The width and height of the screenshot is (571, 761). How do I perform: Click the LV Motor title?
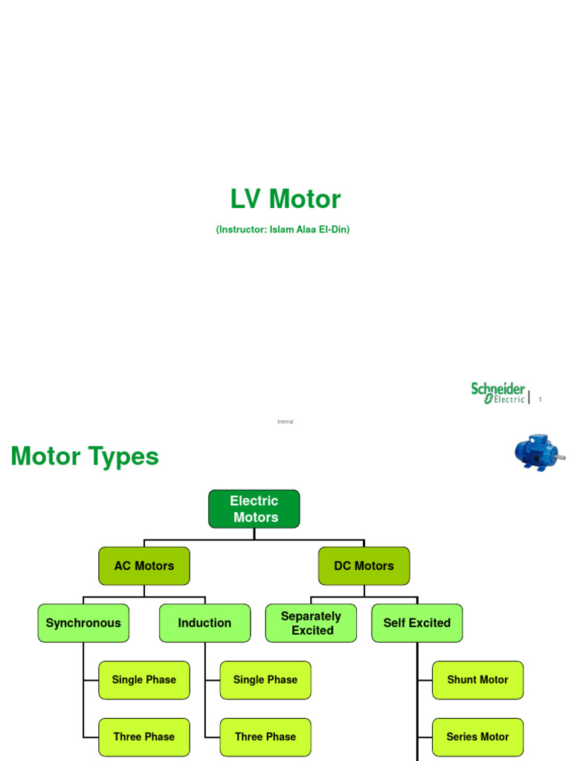coord(285,199)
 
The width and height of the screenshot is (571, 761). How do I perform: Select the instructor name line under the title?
coord(283,230)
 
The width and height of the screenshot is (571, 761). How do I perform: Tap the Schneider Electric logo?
coord(498,393)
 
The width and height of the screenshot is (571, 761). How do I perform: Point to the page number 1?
coord(541,400)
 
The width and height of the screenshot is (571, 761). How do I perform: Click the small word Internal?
coord(285,421)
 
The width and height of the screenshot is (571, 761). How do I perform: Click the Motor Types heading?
coord(85,456)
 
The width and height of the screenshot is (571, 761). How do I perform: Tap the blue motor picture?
coord(538,452)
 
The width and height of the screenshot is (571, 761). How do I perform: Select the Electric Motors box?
coord(254,509)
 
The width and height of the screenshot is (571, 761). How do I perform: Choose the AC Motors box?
coord(144,566)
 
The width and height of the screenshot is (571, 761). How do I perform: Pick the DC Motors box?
coord(364,566)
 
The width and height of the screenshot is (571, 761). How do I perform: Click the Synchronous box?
coord(83,623)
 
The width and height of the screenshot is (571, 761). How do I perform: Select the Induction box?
coord(204,623)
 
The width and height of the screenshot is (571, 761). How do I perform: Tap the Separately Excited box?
coord(311,623)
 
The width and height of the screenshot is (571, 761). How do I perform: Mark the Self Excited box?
coord(417,623)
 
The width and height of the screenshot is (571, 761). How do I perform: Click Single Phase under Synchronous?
coord(144,680)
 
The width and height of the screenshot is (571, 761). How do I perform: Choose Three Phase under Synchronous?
coord(144,737)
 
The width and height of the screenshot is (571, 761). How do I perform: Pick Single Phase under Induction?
coord(265,680)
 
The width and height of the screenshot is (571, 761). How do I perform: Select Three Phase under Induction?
coord(265,737)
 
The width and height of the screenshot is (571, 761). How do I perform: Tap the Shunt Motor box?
coord(477,680)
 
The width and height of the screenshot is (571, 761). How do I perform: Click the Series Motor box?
coord(477,737)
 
